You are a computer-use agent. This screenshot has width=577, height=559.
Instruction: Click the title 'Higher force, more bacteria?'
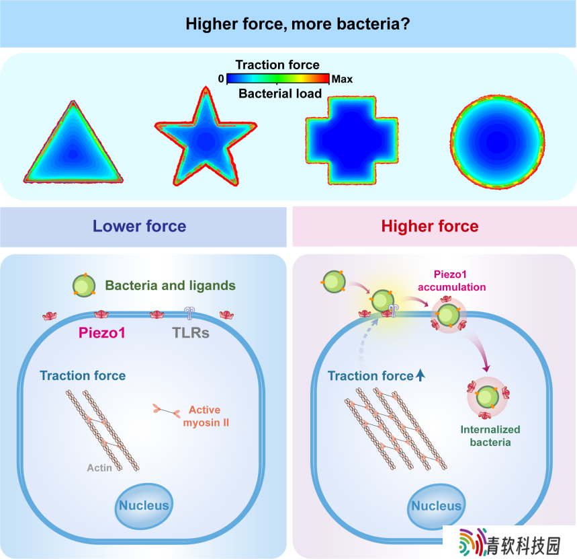(298, 24)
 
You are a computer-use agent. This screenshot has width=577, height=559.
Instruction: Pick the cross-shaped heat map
(352, 141)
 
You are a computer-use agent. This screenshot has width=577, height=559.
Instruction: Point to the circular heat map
(498, 142)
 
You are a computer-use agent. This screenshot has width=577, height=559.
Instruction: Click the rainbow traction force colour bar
(278, 79)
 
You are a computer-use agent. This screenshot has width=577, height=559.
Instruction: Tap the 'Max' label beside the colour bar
(342, 79)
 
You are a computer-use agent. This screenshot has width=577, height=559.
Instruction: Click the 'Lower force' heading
(139, 226)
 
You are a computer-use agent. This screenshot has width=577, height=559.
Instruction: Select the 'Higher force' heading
(430, 226)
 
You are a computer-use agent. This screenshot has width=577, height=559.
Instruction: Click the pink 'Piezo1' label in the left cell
(102, 333)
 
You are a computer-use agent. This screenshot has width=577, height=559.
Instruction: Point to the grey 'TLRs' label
(191, 333)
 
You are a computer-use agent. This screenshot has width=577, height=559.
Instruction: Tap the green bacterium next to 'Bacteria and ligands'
(84, 286)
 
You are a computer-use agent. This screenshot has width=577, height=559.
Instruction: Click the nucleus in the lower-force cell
(144, 506)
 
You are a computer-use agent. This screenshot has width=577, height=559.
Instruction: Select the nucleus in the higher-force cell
(437, 507)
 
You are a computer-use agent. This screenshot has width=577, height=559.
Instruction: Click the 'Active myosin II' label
(206, 416)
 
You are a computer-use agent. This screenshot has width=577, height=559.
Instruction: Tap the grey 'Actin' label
(99, 468)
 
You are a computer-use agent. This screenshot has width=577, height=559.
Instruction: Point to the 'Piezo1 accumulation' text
(451, 281)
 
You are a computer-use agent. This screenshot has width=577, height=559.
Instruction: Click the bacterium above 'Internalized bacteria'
(488, 398)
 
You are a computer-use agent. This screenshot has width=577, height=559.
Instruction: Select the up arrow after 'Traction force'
(420, 375)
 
